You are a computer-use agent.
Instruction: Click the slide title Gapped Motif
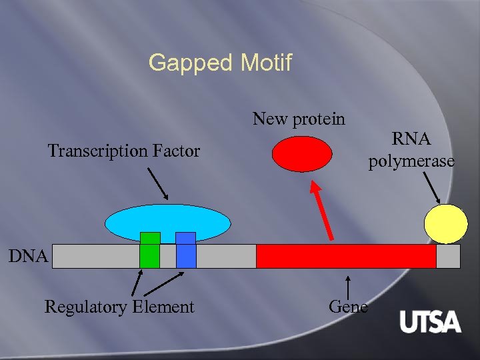[x=220, y=63]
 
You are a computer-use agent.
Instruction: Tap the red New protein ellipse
[x=302, y=154]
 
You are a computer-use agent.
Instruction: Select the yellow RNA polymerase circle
[x=447, y=223]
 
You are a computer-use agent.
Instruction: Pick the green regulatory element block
[x=150, y=251]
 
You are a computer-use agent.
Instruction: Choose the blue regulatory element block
[x=186, y=251]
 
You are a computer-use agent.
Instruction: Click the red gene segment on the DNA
[x=346, y=256]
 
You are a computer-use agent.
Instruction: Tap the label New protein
[x=299, y=119]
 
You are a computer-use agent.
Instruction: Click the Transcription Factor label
[x=123, y=151]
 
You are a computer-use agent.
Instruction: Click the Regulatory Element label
[x=119, y=307]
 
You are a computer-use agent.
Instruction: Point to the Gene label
[x=348, y=307]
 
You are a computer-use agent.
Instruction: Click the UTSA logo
[x=430, y=323]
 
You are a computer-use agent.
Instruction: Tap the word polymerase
[x=411, y=161]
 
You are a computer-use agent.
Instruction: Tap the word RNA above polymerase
[x=411, y=139]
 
